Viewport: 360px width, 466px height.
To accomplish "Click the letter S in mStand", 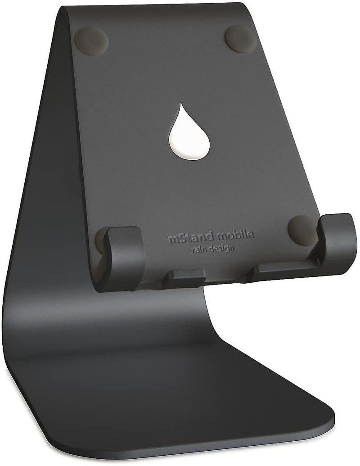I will pyautogui.click(x=176, y=239).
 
